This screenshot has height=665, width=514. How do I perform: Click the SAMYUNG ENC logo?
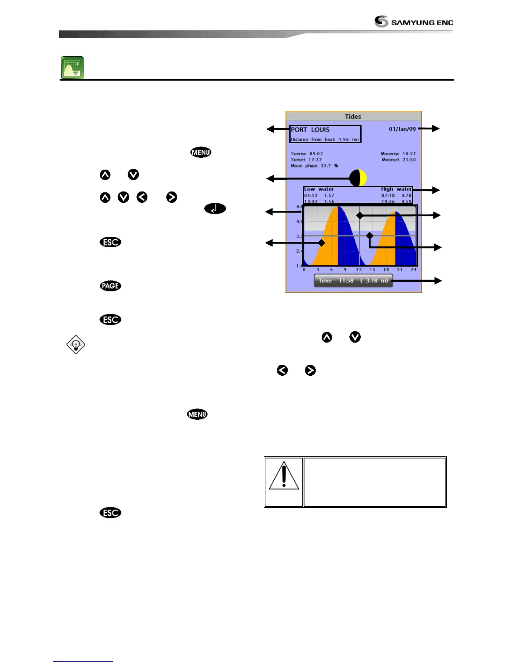414,21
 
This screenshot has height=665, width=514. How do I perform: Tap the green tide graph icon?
72,68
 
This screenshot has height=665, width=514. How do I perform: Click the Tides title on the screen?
353,116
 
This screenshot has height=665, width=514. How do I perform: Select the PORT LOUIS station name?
310,130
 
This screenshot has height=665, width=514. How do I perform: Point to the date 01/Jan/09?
402,129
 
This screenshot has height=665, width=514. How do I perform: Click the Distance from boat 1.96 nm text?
325,139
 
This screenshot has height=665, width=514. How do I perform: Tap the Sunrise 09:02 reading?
307,154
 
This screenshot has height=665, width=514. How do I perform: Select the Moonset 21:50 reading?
399,160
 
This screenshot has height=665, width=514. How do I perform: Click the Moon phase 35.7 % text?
314,166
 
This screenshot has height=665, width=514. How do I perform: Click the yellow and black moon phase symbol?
358,178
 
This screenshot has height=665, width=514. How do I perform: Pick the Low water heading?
319,189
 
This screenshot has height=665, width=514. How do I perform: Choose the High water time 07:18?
388,196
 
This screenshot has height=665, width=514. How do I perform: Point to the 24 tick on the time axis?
413,270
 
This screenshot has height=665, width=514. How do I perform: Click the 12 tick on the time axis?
359,270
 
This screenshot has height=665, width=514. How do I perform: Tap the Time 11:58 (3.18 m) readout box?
353,280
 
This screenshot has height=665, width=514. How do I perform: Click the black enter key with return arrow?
215,209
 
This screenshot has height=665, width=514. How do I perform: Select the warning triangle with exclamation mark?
284,476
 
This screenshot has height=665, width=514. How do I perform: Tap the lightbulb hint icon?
76,345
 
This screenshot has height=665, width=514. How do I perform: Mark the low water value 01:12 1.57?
319,196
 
